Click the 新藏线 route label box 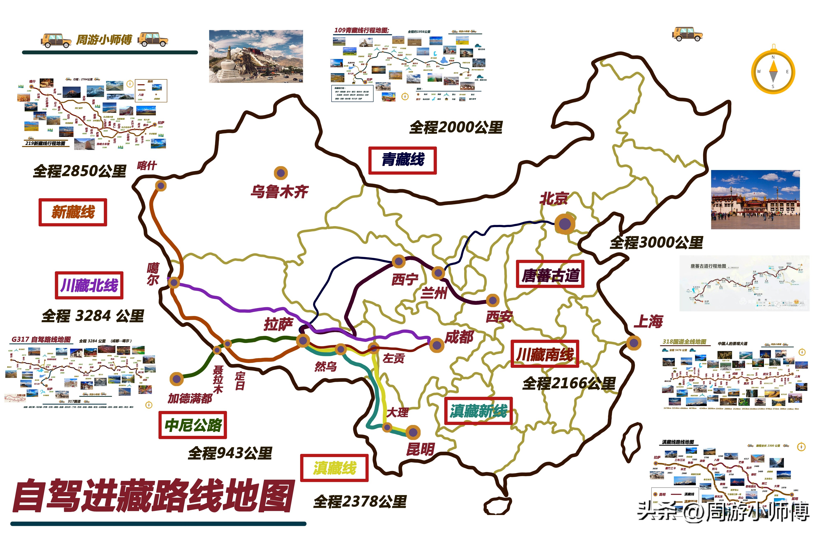click(73, 212)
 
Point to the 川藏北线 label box click(89, 285)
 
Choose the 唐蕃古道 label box click(550, 275)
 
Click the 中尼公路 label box click(193, 425)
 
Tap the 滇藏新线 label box click(478, 411)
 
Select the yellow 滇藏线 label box click(334, 468)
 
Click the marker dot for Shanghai click(634, 343)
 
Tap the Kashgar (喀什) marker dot click(161, 185)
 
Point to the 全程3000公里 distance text click(656, 243)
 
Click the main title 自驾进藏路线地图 click(153, 496)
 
